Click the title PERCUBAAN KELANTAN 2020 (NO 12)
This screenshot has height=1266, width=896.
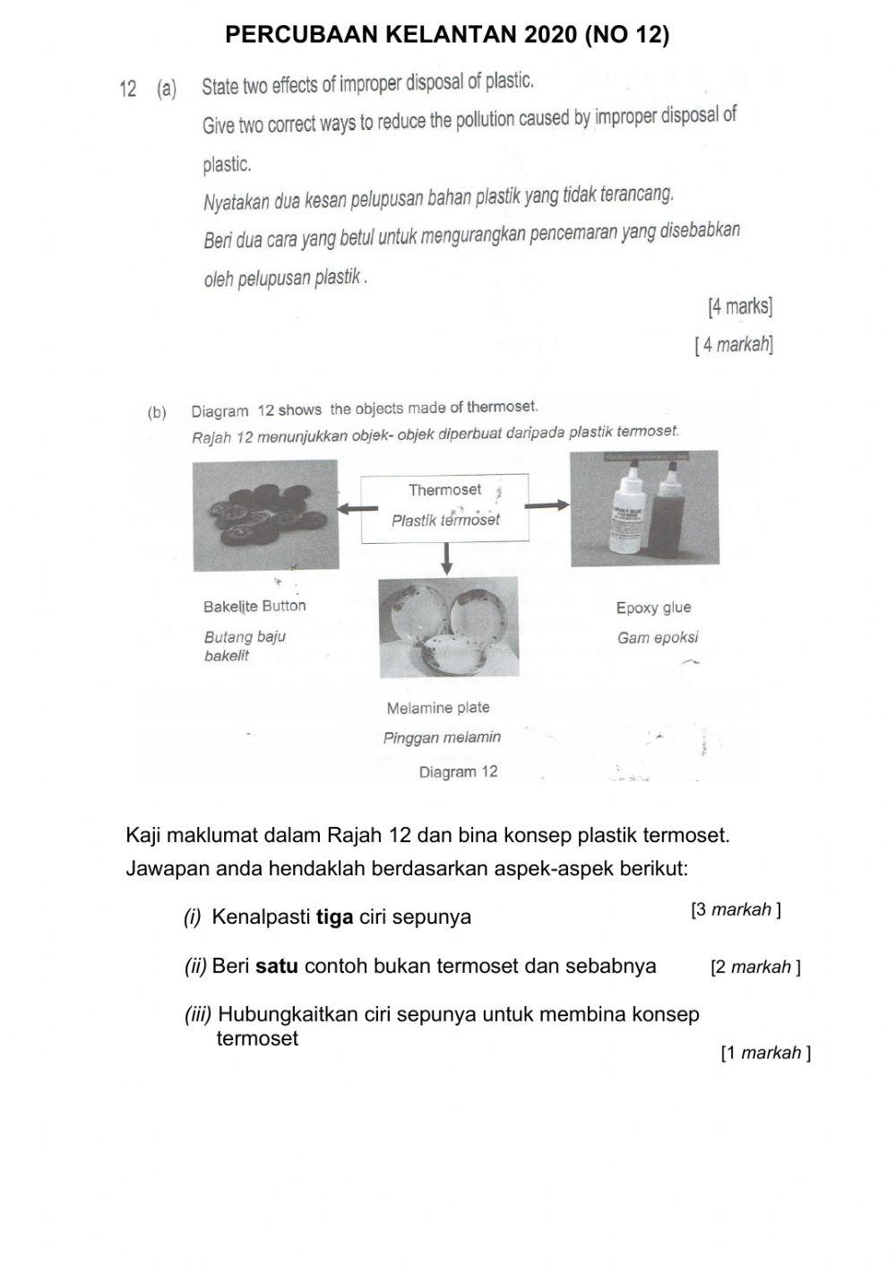pos(447,35)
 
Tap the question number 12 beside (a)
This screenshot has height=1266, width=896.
pos(127,89)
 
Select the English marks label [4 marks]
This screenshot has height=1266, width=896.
pos(739,307)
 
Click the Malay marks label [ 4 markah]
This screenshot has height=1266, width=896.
pos(734,344)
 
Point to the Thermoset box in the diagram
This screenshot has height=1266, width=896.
pos(444,508)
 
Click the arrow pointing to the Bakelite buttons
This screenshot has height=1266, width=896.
pos(354,508)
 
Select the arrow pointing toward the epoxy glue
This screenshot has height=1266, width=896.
pos(548,505)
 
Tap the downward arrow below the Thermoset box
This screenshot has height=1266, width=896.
pos(445,560)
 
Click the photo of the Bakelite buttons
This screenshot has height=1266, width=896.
pos(265,515)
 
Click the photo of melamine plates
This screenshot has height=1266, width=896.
pos(448,627)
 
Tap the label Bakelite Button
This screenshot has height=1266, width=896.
pos(254,607)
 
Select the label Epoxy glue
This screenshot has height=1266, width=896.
pos(653,607)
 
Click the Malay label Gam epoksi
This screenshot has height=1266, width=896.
pos(657,638)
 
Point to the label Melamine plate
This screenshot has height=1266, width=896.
pos(438,708)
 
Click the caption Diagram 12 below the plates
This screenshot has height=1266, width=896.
pos(458,771)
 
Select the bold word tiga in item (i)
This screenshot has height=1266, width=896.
pos(334,917)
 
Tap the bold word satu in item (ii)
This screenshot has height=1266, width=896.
pos(277,967)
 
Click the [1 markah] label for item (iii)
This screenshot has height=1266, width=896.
pos(765,1053)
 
